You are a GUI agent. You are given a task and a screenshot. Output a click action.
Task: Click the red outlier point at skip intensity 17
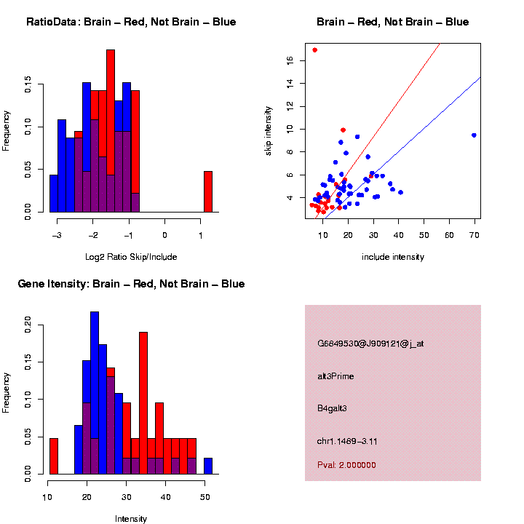click(x=314, y=49)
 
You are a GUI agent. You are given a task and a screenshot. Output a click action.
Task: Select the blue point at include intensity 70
click(x=474, y=135)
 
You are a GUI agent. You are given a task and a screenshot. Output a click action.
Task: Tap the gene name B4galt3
click(x=332, y=409)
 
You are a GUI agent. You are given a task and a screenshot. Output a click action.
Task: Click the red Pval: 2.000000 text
click(x=346, y=465)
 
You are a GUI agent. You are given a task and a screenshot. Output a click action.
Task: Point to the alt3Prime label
click(x=335, y=376)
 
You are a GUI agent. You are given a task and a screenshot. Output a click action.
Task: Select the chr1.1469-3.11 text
click(x=347, y=441)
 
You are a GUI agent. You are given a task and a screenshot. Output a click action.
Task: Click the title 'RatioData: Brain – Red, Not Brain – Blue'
click(x=131, y=22)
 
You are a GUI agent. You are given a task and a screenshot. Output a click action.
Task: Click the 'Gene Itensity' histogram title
click(x=131, y=284)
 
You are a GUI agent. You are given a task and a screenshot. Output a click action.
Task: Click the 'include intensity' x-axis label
click(x=393, y=256)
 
